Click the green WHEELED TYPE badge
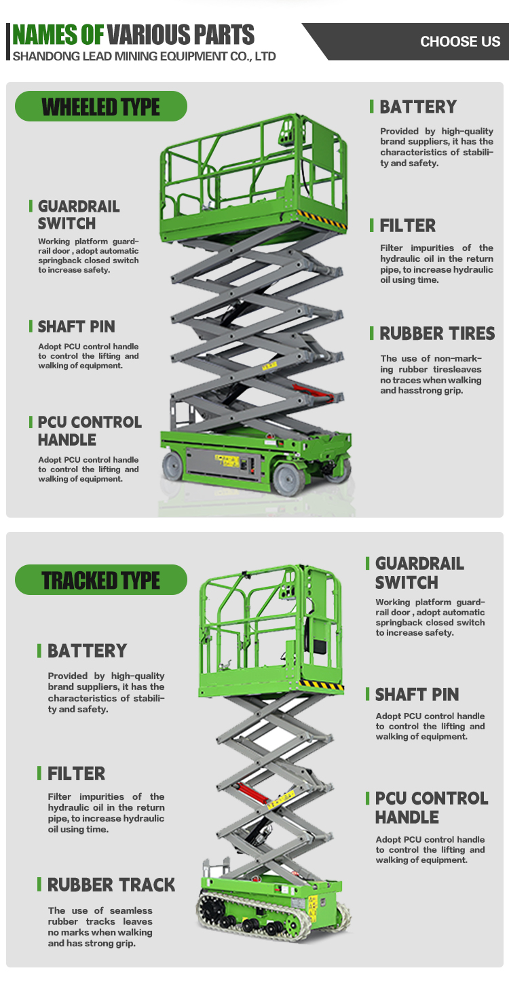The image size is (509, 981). click(100, 106)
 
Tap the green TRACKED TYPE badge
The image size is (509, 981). click(100, 580)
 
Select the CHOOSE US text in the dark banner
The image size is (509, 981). click(460, 41)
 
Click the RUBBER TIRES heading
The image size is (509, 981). click(437, 333)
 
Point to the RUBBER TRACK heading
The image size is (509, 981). click(111, 885)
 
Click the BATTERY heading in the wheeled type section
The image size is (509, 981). click(418, 107)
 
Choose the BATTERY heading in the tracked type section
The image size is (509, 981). click(87, 651)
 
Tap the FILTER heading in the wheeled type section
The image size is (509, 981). click(407, 225)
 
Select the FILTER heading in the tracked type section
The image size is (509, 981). click(76, 773)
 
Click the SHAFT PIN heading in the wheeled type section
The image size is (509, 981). click(76, 326)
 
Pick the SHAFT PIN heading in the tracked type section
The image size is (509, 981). click(417, 694)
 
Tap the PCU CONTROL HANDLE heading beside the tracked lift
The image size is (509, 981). click(432, 807)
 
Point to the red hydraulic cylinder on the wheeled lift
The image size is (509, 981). click(313, 392)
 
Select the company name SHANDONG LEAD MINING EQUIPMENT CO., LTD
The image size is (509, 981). click(144, 56)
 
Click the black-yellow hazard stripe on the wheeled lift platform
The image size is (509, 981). click(321, 218)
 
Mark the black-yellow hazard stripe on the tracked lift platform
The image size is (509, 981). click(322, 684)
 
